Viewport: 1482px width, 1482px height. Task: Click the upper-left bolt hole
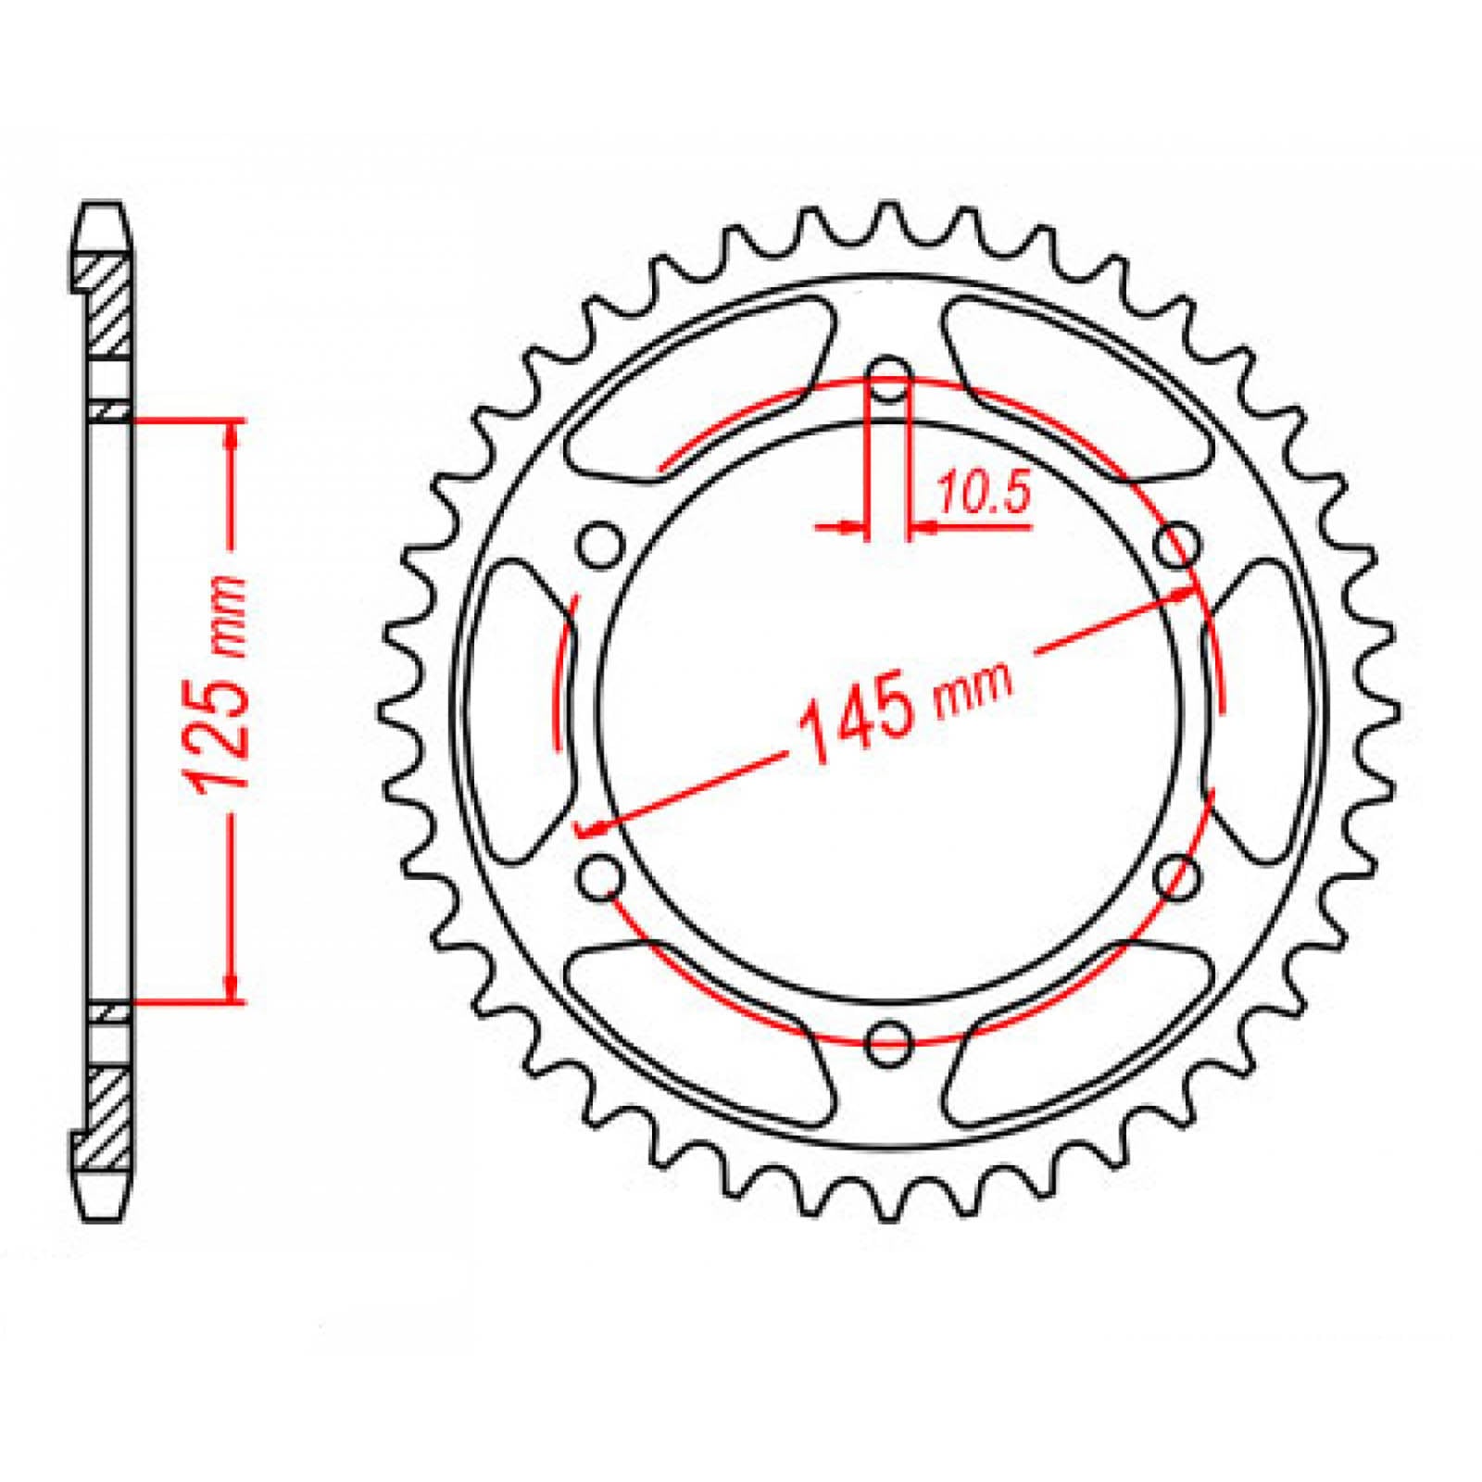[601, 546]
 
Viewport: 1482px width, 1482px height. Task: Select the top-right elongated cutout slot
[1074, 389]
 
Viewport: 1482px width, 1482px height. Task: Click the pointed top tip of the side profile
[103, 209]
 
